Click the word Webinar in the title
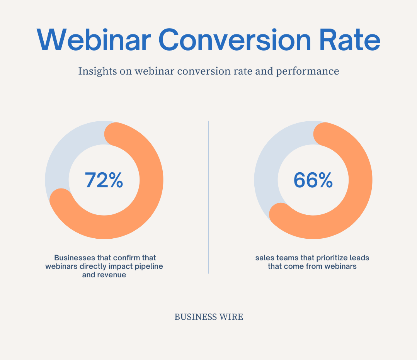click(94, 40)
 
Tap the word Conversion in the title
click(235, 40)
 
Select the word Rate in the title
click(350, 40)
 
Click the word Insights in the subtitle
click(97, 71)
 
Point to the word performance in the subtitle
click(307, 71)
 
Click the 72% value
click(104, 180)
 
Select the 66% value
click(313, 180)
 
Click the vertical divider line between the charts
click(209, 197)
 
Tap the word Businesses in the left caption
click(75, 258)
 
